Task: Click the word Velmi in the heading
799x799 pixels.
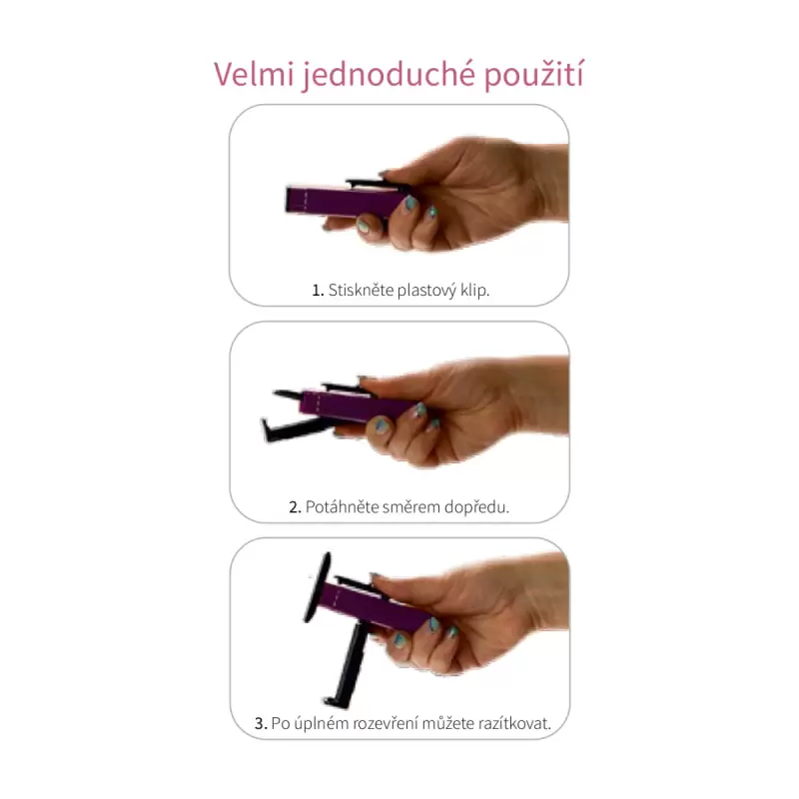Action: [x=254, y=74]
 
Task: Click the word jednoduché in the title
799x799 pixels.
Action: [x=389, y=76]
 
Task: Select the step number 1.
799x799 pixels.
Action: [x=318, y=291]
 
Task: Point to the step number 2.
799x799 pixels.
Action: [x=295, y=507]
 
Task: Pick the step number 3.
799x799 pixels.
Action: [x=261, y=723]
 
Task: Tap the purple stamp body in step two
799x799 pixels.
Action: [x=357, y=405]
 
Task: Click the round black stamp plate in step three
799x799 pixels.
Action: [x=317, y=587]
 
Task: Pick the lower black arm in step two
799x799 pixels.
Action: [x=296, y=429]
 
